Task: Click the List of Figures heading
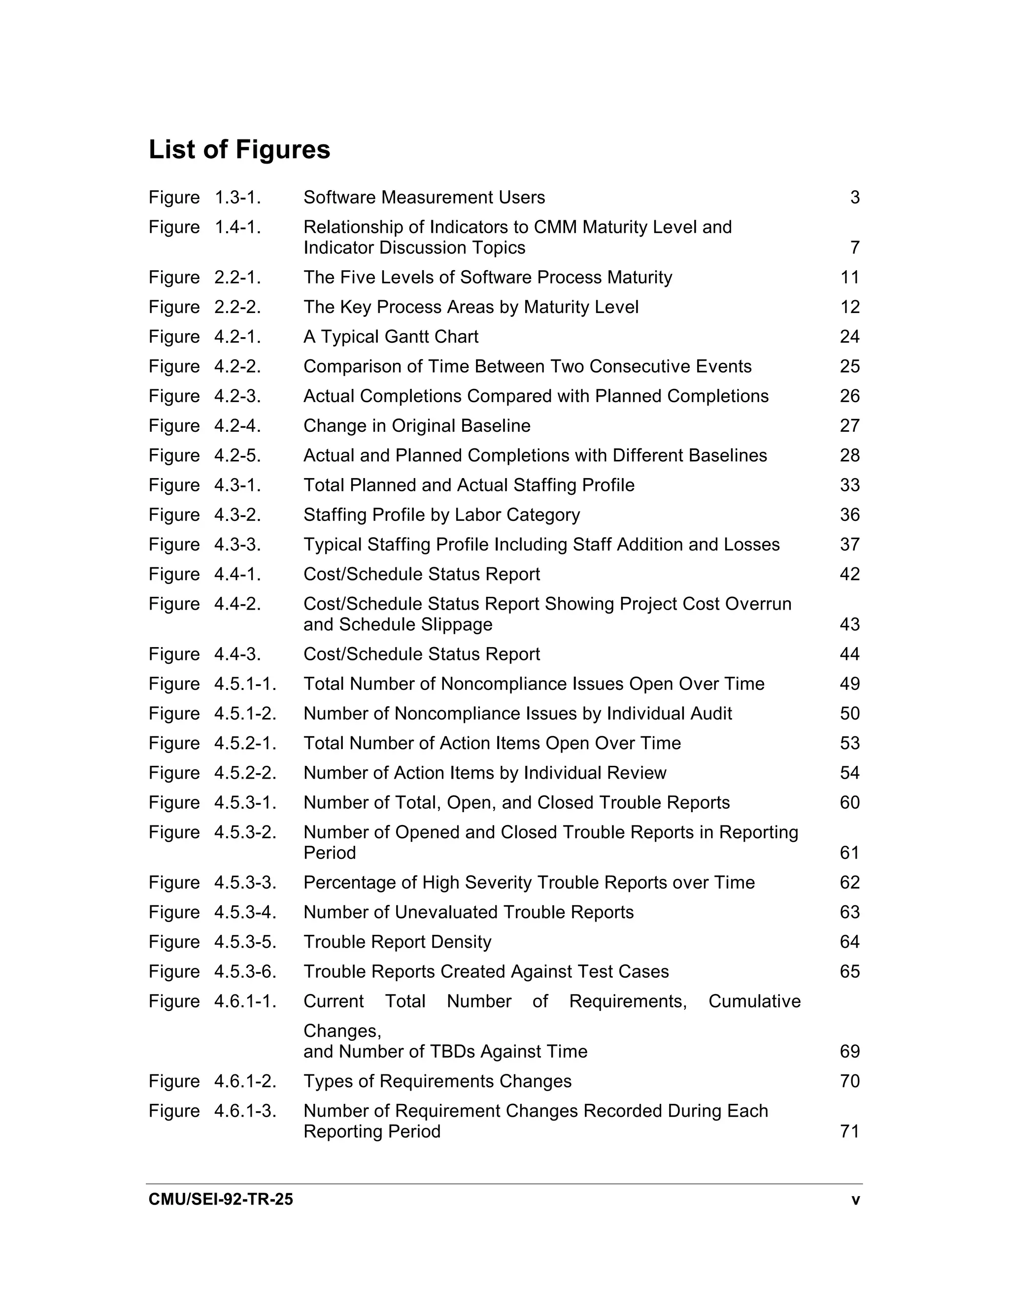pos(239,149)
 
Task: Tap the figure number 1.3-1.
pos(237,197)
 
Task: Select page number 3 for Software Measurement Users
pos(854,197)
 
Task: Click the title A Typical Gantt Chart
pos(390,337)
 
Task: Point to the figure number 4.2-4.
pos(237,426)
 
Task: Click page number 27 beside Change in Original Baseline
pos(849,426)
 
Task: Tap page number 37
pos(849,545)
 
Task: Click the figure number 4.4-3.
pos(237,654)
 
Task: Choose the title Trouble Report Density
pos(397,942)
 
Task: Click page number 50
pos(849,714)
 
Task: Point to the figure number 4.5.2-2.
pos(245,773)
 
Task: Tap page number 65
pos(849,972)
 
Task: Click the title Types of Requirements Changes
pos(437,1081)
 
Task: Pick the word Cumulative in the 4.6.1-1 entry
pos(754,1001)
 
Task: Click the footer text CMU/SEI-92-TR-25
pos(221,1200)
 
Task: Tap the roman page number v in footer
pos(855,1200)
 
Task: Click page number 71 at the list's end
pos(849,1132)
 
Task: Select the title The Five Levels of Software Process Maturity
pos(487,277)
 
